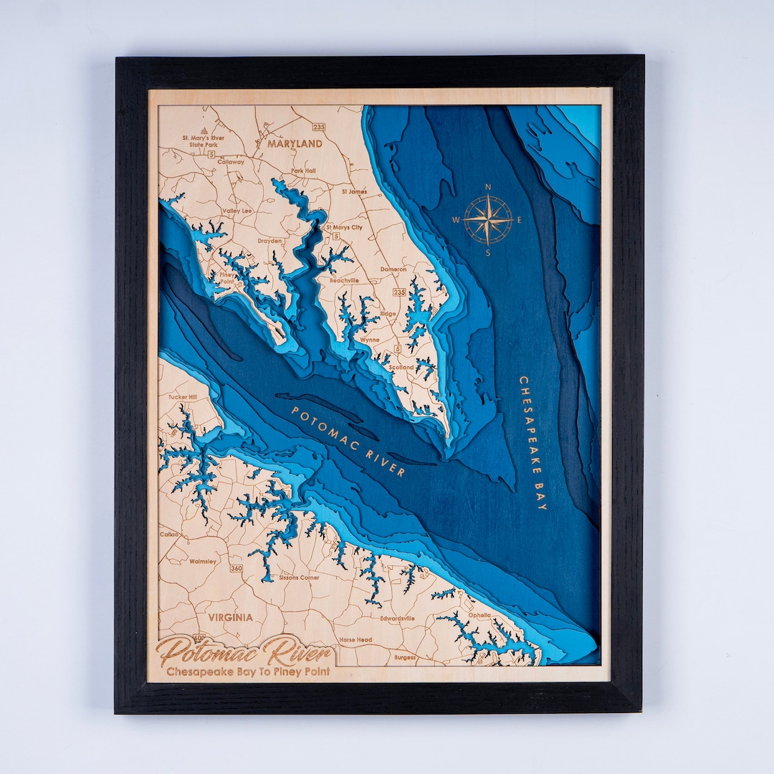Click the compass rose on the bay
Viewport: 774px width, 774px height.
(488, 219)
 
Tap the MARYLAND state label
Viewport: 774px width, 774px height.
(295, 143)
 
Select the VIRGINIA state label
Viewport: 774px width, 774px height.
(231, 616)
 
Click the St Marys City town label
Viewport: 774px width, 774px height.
(344, 228)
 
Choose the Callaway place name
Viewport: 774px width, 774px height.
(231, 162)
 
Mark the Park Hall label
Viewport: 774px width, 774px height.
(303, 171)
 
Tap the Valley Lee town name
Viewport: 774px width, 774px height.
(237, 211)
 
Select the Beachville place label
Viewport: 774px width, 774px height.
(343, 281)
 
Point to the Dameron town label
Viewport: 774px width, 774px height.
(393, 269)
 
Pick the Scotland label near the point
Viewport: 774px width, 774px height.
(401, 367)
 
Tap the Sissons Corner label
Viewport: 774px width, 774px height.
(299, 577)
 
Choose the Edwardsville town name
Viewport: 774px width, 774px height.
(397, 618)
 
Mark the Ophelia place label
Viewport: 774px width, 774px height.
(479, 615)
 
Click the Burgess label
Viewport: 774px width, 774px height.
(404, 656)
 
